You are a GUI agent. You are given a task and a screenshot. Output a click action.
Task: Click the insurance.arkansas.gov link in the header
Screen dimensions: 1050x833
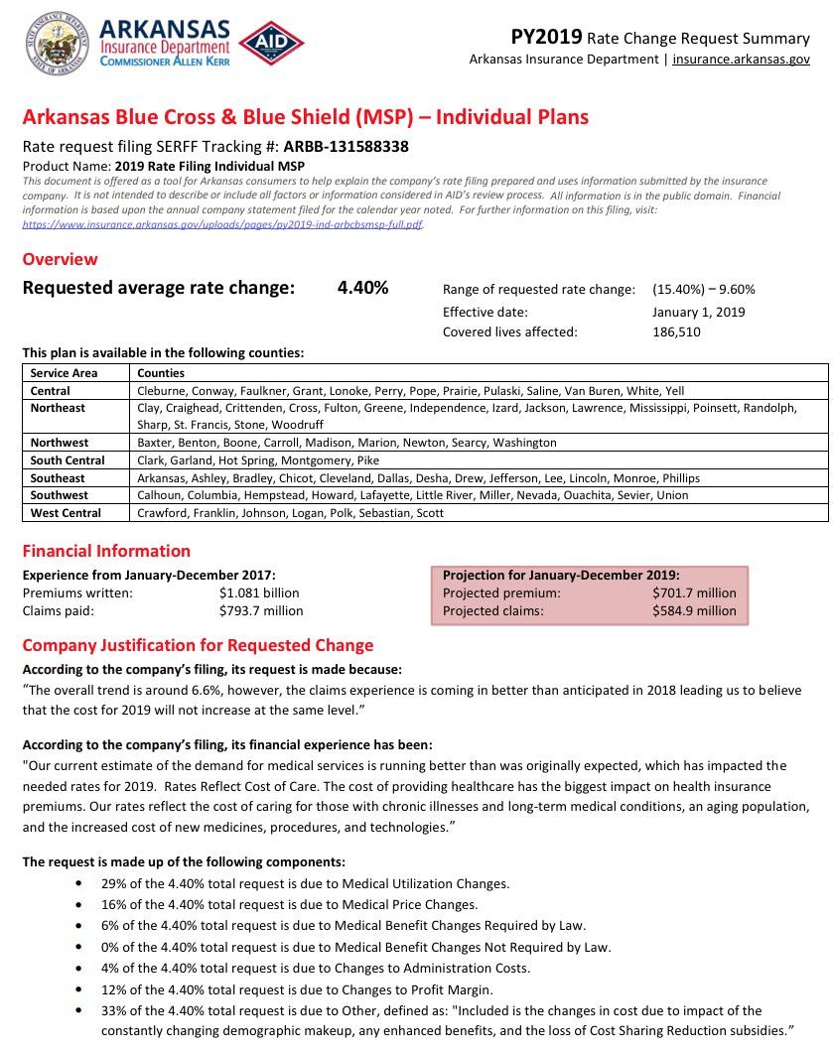(741, 60)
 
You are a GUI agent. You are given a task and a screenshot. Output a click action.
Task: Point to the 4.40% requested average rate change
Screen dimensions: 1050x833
(362, 289)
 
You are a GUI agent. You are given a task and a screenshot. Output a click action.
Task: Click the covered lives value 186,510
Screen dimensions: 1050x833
(676, 332)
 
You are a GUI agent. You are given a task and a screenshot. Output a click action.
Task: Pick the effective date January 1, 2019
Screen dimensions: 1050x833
(699, 312)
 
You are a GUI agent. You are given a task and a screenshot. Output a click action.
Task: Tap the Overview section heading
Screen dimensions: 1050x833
(60, 259)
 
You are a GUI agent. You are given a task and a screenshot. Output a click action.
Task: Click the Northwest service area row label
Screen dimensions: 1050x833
(59, 443)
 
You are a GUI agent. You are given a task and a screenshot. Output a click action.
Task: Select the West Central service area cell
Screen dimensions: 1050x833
(66, 513)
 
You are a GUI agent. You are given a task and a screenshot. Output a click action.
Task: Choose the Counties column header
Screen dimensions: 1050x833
(161, 373)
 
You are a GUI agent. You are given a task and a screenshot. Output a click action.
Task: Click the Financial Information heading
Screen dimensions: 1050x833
(106, 551)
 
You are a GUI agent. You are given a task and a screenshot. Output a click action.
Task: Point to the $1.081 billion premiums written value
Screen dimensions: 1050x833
(259, 593)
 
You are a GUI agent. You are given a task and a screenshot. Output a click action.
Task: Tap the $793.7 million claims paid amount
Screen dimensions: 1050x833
(261, 611)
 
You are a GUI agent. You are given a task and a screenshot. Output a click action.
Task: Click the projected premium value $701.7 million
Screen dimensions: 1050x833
(694, 593)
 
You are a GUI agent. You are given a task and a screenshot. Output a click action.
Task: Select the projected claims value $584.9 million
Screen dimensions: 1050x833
(694, 611)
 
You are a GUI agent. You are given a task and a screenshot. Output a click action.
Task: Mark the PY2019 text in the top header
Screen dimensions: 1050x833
(546, 38)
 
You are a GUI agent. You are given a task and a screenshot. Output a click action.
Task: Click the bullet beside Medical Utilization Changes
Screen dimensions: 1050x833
(79, 884)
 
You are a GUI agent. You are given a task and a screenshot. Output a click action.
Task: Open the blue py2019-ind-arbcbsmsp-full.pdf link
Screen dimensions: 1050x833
(222, 225)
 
